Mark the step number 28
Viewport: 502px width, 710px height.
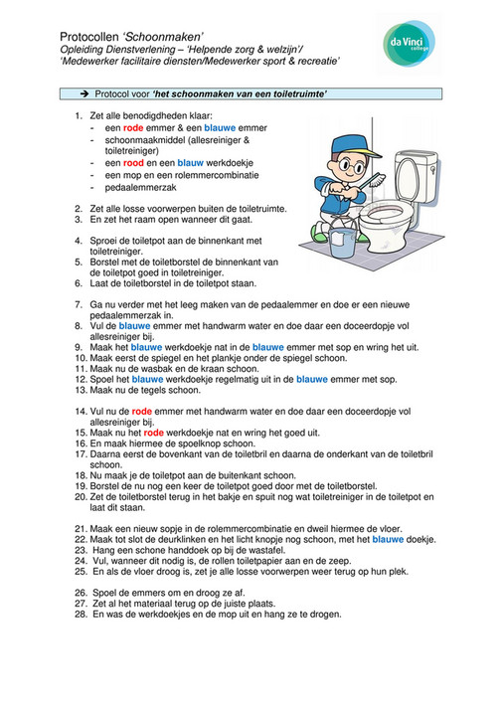(80, 614)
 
